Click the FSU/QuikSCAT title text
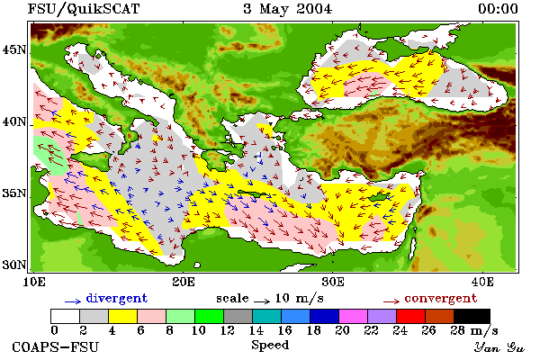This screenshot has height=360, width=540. [84, 9]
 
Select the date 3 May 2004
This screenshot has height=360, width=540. [288, 9]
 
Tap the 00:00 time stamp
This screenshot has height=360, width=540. [498, 9]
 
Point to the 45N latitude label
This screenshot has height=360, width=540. [14, 50]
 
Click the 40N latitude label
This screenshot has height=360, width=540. [14, 122]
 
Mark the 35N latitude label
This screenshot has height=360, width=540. [14, 193]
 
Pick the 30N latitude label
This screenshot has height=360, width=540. [14, 265]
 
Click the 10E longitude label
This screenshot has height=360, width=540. [34, 282]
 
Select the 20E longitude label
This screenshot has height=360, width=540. [184, 282]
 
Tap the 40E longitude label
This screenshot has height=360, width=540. [482, 282]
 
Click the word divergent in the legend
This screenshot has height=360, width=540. [117, 298]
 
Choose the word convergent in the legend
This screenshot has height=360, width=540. [441, 298]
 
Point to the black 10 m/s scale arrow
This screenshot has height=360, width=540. [262, 301]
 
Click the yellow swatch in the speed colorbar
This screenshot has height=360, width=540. [123, 316]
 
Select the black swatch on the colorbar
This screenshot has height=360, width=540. [472, 316]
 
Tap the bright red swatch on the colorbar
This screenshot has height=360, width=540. [410, 316]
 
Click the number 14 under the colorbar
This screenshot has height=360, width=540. [256, 330]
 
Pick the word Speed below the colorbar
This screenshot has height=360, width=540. [270, 346]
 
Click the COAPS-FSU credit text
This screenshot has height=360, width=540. [56, 346]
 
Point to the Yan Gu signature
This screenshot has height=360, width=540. [499, 347]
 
